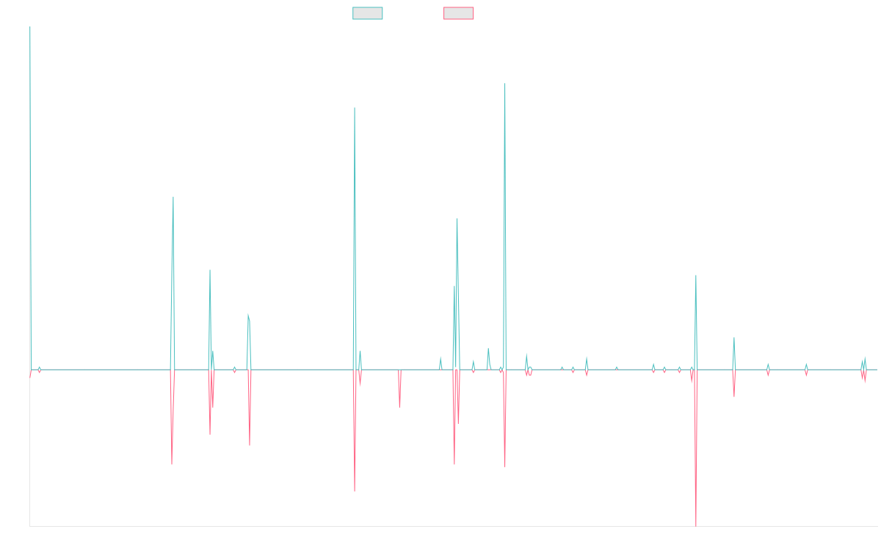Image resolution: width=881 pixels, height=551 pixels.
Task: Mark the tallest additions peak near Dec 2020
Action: click(x=505, y=84)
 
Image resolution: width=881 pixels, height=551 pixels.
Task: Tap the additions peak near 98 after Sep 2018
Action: click(x=355, y=108)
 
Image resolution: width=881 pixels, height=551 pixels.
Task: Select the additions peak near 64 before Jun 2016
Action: click(x=173, y=197)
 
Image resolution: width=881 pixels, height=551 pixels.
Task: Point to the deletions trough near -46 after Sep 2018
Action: click(x=354, y=491)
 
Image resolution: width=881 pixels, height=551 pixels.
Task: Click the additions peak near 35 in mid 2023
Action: click(x=696, y=275)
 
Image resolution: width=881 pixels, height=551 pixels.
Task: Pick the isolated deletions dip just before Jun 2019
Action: click(x=399, y=406)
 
